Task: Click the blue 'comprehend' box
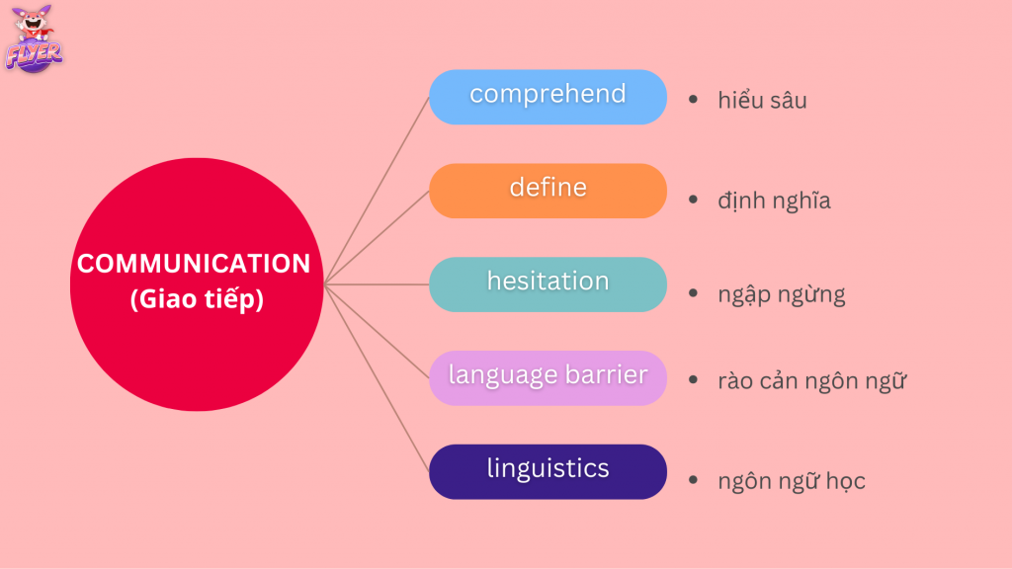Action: [548, 97]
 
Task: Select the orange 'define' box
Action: [548, 191]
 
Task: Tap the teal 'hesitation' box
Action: [548, 284]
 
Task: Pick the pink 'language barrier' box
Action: [548, 378]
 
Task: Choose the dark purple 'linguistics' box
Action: [548, 471]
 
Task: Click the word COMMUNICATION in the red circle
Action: [194, 263]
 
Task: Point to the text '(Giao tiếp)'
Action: [197, 299]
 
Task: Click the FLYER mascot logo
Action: [34, 39]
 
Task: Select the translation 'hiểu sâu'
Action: [762, 100]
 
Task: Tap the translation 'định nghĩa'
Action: [774, 201]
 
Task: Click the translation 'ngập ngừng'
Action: [782, 294]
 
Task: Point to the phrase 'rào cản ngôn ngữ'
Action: [812, 380]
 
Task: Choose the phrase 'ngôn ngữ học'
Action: [792, 481]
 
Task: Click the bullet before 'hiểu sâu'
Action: [693, 100]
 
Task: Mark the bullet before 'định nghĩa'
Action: [693, 200]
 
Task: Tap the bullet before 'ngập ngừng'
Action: [693, 292]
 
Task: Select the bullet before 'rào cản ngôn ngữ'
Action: [693, 379]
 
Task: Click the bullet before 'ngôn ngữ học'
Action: [693, 479]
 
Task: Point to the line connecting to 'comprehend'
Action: [377, 191]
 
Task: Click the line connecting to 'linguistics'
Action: [377, 378]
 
